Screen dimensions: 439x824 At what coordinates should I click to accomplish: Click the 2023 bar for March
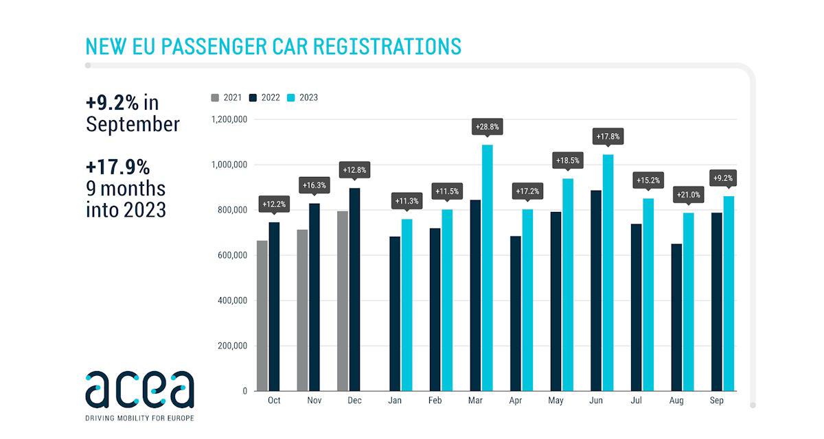487,268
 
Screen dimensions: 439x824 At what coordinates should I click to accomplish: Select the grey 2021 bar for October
262,319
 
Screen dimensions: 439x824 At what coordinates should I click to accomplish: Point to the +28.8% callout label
487,127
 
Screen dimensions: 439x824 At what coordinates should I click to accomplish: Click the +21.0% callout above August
689,195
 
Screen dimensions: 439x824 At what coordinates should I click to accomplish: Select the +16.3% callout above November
314,185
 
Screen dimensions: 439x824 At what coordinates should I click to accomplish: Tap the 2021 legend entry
227,97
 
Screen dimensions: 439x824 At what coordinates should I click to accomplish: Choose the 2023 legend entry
303,97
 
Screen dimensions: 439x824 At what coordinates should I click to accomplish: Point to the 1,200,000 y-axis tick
229,119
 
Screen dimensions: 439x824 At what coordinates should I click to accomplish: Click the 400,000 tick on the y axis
229,300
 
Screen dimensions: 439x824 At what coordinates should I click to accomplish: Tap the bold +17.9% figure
117,167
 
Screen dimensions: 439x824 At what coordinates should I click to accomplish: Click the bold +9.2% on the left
112,102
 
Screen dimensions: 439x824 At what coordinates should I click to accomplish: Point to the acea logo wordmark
139,389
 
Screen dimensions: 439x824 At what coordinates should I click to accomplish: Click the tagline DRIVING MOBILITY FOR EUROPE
139,417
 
